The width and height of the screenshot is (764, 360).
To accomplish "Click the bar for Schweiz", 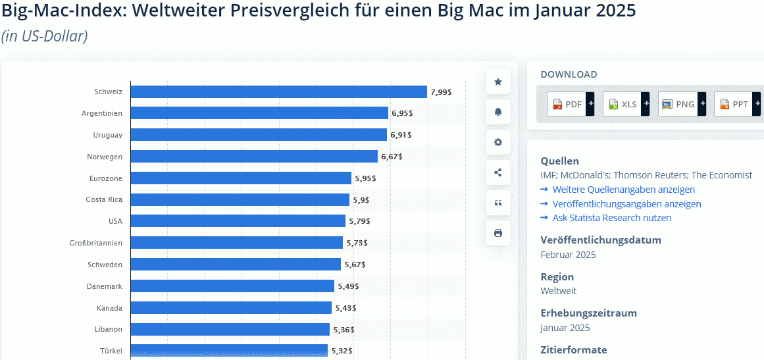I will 278,92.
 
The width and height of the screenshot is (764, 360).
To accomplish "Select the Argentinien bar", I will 259,113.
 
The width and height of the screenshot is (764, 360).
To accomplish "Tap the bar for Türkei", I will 229,350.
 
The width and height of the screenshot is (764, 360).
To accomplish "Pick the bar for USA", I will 238,221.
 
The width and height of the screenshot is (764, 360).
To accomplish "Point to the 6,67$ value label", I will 392,157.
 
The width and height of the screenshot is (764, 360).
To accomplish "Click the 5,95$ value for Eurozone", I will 365,178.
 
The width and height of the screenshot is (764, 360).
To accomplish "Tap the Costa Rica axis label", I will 104,199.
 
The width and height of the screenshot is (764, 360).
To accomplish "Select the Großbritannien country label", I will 95,243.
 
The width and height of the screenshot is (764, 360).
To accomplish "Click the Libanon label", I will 109,329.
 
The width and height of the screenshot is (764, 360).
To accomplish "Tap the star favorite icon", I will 498,82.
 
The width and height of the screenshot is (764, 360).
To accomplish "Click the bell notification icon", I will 498,112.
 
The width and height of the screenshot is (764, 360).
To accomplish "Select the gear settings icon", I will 498,142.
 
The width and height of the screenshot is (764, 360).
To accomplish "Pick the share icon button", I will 498,172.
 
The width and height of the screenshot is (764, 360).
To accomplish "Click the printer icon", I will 498,233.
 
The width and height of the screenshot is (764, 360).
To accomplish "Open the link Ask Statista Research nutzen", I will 611,218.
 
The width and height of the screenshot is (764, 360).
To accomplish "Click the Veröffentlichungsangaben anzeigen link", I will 626,204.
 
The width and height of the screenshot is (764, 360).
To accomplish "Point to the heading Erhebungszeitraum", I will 588,313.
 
